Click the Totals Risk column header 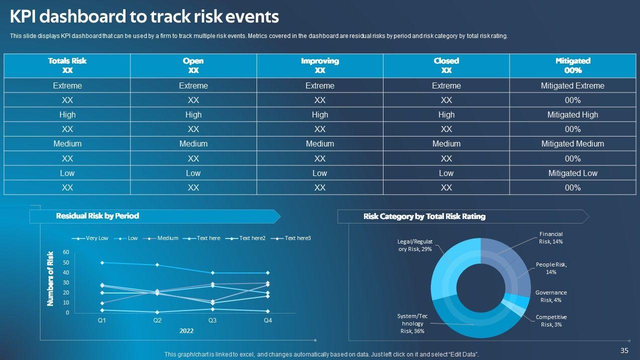point(67,65)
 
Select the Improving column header point(320,65)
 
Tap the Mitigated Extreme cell point(572,85)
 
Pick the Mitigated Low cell point(572,173)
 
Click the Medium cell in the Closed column point(446,144)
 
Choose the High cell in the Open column point(193,114)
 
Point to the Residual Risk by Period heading point(97,216)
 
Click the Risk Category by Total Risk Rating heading point(424,216)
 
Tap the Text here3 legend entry point(297,238)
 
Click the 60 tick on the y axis point(66,252)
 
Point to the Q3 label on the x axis point(212,320)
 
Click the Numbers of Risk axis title point(50,278)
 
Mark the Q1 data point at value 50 point(102,262)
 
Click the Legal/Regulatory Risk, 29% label point(414,245)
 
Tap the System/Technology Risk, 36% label point(412,323)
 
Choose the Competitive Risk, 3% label point(551,320)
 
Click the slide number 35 point(624,350)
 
